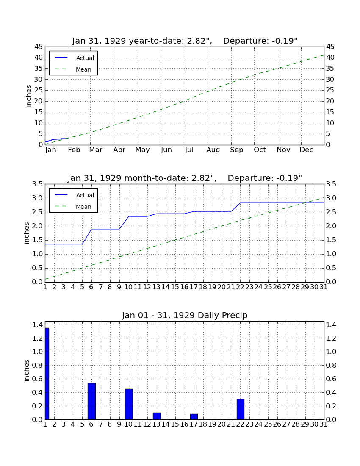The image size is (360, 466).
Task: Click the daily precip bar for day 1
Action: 47,374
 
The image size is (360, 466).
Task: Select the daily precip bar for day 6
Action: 91,401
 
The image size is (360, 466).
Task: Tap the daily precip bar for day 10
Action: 129,404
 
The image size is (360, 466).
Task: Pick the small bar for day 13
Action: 157,416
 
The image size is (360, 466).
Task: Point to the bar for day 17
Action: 194,417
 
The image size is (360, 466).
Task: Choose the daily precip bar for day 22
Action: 240,409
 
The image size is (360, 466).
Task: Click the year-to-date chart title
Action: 185,41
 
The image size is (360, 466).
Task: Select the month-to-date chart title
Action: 185,178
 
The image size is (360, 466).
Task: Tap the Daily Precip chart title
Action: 185,315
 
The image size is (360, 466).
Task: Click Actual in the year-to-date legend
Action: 85,58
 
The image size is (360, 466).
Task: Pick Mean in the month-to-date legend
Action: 83,207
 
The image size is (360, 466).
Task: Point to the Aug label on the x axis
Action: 213,150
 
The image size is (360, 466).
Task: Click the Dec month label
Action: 306,150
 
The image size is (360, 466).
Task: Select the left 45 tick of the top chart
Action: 39,47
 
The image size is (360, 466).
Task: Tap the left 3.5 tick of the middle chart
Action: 37,184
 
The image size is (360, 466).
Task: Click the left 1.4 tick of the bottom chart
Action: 37,325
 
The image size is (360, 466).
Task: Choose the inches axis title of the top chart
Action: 28,96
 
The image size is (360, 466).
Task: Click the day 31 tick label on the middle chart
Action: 324,287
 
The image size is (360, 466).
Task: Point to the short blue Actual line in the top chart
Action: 57,140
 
